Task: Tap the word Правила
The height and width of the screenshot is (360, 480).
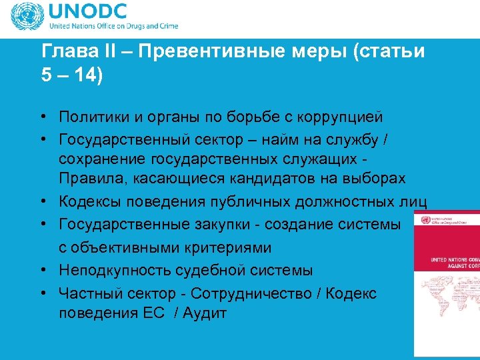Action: tap(87, 179)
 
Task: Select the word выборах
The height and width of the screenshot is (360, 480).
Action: tap(373, 179)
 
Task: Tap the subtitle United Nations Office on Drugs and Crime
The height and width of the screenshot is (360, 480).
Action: tap(112, 27)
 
